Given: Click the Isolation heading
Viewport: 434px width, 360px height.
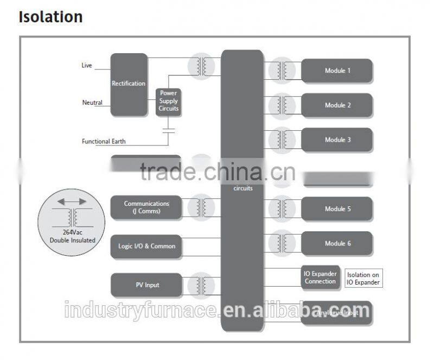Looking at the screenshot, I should point(50,17).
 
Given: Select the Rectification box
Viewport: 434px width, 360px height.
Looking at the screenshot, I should point(129,84).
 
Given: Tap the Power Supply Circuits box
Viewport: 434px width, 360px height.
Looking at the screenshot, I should point(168,101).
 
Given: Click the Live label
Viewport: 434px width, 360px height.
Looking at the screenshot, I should point(87,66).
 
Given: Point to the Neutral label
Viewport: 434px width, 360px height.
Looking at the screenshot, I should point(92,103).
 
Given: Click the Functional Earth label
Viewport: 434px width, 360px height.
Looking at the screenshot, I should point(104,141).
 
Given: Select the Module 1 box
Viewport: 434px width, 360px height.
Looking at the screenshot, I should point(337,71).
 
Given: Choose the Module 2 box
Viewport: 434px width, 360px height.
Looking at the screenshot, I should point(337,105).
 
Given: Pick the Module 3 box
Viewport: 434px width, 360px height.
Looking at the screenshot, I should point(337,140).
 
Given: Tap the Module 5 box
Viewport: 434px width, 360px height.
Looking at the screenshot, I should point(337,209).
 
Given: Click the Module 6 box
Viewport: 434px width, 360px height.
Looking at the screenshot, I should point(337,243).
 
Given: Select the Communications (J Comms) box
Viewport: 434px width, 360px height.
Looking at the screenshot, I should point(146,207).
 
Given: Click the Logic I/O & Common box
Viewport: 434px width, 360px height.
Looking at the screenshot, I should point(146,246).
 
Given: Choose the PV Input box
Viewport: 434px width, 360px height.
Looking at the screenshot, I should point(146,285).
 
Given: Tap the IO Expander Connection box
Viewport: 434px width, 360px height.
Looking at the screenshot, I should point(320,277).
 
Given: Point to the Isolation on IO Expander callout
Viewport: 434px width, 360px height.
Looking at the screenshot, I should point(363,279).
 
